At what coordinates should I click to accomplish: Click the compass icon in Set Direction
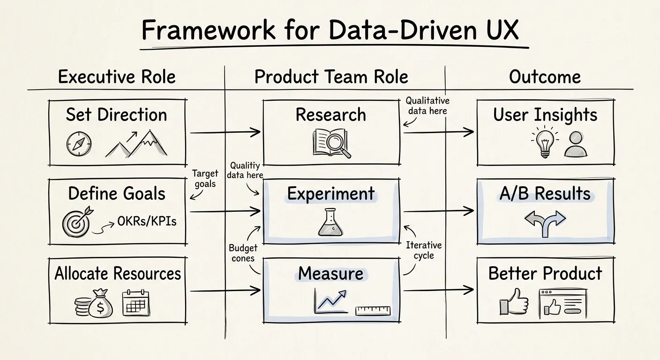click(x=79, y=144)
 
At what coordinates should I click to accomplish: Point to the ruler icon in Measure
click(x=373, y=311)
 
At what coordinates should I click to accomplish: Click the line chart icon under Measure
click(x=330, y=301)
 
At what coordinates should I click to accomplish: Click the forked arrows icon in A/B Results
click(x=545, y=223)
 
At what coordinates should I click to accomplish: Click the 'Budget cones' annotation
click(x=242, y=253)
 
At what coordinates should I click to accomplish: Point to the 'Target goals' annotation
click(x=205, y=178)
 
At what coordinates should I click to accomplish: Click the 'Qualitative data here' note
click(x=427, y=105)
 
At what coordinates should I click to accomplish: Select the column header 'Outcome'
click(x=545, y=77)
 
